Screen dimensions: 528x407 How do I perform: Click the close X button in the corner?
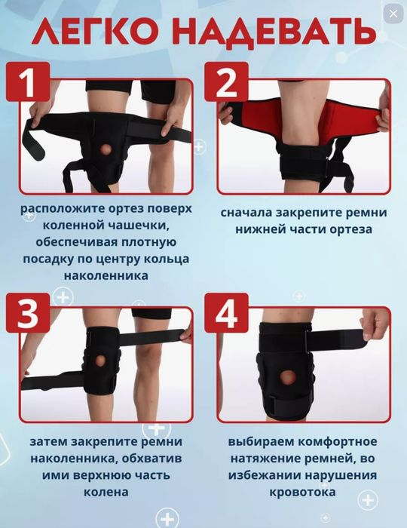[392, 14]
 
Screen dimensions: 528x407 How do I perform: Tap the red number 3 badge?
[28, 314]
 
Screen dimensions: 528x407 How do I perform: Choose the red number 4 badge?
[226, 314]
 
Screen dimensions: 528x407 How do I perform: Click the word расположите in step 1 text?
[59, 208]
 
